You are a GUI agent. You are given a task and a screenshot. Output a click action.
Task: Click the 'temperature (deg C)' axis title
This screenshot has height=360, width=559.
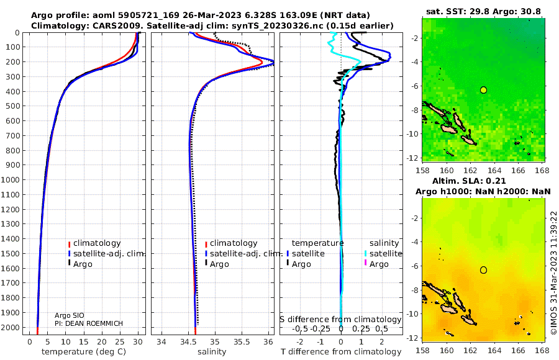(84, 352)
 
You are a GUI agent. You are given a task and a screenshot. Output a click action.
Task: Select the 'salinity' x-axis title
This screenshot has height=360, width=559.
(212, 352)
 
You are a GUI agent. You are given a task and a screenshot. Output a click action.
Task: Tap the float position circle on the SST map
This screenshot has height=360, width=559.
(483, 90)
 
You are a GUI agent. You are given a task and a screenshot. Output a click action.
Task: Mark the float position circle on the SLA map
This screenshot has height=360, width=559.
(483, 270)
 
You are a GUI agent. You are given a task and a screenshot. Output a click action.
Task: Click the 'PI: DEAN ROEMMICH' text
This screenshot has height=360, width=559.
(89, 323)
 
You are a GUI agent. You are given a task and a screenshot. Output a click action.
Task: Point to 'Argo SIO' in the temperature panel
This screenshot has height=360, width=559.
(70, 315)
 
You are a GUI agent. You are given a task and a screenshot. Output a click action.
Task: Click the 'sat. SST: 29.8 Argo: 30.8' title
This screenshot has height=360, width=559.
(483, 12)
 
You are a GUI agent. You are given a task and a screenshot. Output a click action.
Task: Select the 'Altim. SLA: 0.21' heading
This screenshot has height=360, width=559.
(469, 181)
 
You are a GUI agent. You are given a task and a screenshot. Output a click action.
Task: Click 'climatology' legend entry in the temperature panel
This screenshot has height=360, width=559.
(97, 243)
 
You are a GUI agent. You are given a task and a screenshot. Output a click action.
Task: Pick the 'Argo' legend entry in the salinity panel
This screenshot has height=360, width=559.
(219, 264)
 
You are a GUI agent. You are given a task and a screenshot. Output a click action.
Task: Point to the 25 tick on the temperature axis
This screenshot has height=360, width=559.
(120, 342)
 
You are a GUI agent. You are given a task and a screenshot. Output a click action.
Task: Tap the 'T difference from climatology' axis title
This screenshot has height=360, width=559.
(341, 352)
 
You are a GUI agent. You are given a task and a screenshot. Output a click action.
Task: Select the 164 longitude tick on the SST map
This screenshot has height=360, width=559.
(494, 170)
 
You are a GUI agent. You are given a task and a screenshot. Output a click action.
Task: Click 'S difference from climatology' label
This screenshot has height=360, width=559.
(340, 320)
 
